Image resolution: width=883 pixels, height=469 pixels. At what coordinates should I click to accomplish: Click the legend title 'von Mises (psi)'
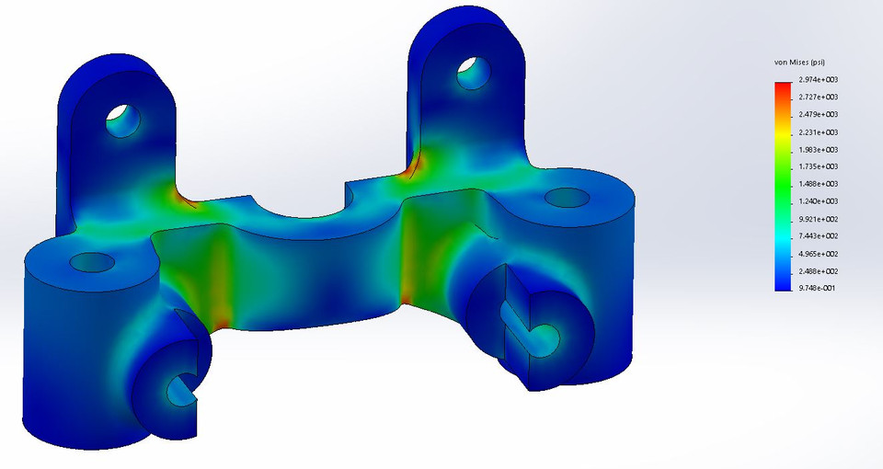[x=805, y=63]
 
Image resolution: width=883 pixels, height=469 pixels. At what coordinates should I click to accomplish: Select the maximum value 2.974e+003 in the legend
[x=817, y=80]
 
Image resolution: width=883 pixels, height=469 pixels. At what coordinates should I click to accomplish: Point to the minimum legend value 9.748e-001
[x=817, y=289]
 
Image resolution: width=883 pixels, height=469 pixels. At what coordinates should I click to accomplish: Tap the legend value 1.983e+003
[x=817, y=150]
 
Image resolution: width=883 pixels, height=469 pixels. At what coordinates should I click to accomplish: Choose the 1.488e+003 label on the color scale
[x=817, y=184]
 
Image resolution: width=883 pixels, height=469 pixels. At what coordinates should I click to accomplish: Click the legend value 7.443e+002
[x=817, y=236]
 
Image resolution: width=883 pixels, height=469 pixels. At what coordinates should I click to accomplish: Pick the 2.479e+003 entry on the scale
[x=817, y=115]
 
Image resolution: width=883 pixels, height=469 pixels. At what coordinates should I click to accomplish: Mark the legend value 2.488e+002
[x=817, y=271]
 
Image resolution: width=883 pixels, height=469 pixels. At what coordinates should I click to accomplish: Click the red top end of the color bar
[x=783, y=85]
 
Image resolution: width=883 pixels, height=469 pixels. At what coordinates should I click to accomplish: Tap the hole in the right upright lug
[x=474, y=72]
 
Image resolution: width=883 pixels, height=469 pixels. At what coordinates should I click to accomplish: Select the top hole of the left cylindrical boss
[x=92, y=263]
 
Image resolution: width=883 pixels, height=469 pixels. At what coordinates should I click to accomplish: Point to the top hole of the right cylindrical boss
[x=568, y=197]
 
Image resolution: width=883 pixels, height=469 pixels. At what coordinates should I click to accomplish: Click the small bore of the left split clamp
[x=178, y=390]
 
